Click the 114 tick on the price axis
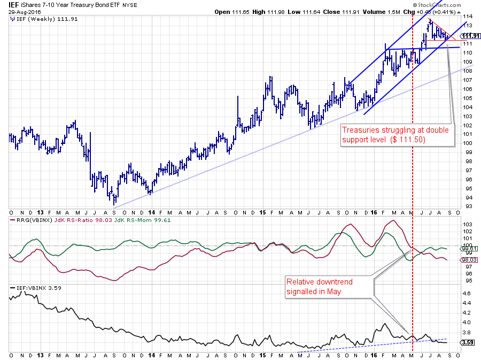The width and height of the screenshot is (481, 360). tap(466, 17)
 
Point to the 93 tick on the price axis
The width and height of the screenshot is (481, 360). tap(466, 206)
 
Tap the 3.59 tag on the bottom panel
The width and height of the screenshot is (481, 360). tap(466, 342)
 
